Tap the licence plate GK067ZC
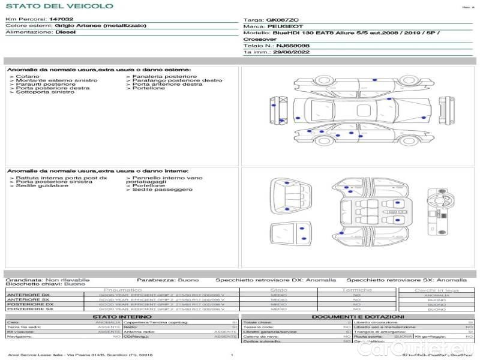(281, 20)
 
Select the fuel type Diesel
(65, 32)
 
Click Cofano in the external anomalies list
(28, 76)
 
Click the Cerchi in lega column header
(436, 290)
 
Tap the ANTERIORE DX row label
(29, 295)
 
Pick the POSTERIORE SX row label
(29, 310)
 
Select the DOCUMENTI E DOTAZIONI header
(358, 317)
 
